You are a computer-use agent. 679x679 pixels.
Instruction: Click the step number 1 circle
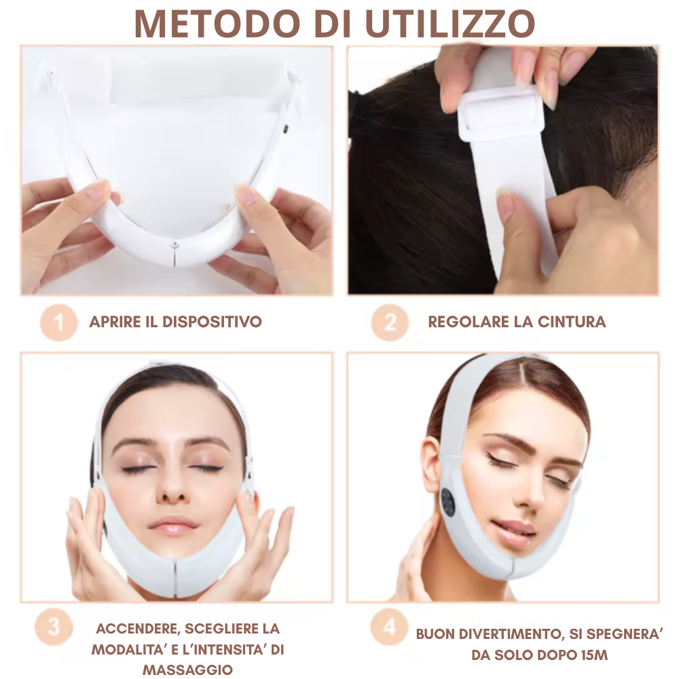[59, 323]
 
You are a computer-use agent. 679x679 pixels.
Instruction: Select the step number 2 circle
[390, 323]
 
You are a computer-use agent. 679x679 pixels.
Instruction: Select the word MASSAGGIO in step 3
[187, 669]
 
